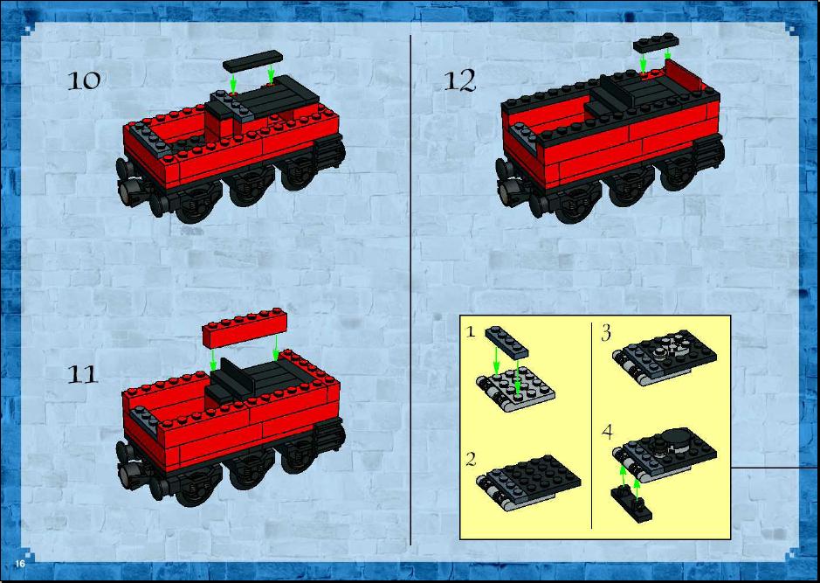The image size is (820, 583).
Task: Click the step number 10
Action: point(84,80)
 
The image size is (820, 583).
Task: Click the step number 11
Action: point(83,375)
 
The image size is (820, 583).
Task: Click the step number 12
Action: point(460,81)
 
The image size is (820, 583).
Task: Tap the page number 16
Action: point(20,564)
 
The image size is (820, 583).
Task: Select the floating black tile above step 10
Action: point(252,61)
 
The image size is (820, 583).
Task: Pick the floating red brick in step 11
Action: point(245,328)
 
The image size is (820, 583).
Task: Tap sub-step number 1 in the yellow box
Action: point(471,332)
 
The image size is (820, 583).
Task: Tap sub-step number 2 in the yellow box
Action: point(471,459)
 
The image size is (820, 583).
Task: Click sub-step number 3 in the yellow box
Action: point(606,333)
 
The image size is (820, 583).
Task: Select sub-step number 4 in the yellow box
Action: point(607,432)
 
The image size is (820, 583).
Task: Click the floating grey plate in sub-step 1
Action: point(506,342)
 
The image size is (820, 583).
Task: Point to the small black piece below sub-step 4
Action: point(631,503)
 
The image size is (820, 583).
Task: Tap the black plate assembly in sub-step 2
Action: point(528,482)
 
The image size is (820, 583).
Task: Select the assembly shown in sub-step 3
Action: point(665,358)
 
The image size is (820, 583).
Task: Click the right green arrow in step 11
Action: point(276,348)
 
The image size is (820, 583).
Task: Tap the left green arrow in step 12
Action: point(643,62)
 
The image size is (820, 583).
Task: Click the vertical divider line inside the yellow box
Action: point(591,426)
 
